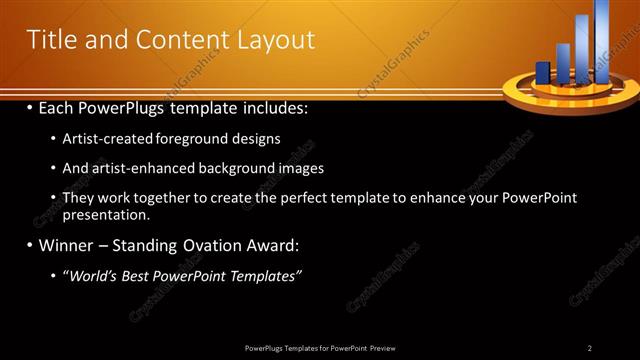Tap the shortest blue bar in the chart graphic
point(543,73)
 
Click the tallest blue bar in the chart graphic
point(602,40)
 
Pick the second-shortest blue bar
point(562,63)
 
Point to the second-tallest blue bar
point(582,50)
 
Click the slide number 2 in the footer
point(590,348)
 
